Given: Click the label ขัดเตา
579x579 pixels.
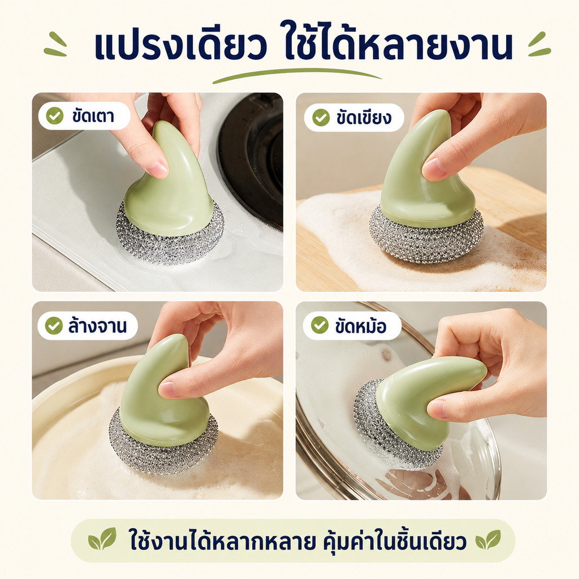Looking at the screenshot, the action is pos(93,116).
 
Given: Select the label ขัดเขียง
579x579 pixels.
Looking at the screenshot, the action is pos(364,117).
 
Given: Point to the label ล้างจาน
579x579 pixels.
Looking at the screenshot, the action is pos(97,325).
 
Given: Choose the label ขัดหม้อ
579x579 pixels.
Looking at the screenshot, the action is pos(361,326).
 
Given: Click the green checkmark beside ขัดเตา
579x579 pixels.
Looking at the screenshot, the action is pos(55,116).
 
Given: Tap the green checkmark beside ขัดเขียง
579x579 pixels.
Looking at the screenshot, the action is pos(321,118).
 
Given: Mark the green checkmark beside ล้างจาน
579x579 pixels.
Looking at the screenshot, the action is pos(54,326).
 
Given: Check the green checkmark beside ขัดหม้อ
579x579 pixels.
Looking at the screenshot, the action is pos(319,325).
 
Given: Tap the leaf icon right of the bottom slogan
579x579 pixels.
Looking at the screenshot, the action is pos(488,539).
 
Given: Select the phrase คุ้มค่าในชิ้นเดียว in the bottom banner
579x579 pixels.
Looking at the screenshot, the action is pos(395,539).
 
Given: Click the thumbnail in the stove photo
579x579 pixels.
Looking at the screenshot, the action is pos(158,168).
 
